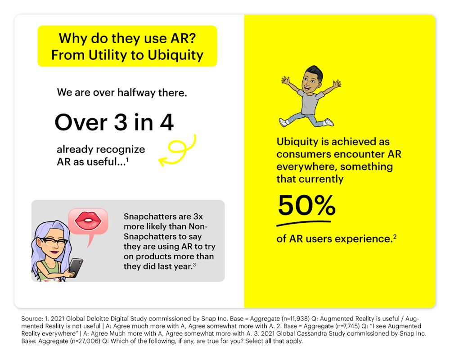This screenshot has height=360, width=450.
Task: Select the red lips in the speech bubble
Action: coord(88,220)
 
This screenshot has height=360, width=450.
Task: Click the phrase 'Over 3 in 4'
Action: coord(114,122)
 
